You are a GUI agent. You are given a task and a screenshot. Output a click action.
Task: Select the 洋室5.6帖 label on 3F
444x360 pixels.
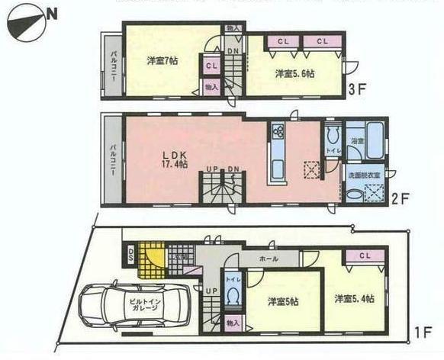pyautogui.click(x=294, y=74)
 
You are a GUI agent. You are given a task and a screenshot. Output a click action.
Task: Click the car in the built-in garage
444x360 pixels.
pyautogui.click(x=137, y=308)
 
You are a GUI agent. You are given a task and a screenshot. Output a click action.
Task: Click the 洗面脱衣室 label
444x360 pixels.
pyautogui.click(x=363, y=175)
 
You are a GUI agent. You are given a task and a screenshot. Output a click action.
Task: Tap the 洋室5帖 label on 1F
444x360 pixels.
pyautogui.click(x=284, y=302)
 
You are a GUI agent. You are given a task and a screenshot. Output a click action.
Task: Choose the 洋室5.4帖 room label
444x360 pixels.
pyautogui.click(x=355, y=297)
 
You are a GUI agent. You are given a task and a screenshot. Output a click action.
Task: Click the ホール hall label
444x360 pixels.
pyautogui.click(x=269, y=259)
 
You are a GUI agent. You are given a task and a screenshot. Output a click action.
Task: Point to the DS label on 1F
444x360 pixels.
pyautogui.click(x=130, y=256)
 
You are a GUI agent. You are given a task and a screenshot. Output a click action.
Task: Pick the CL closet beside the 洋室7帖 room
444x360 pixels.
pyautogui.click(x=211, y=66)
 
